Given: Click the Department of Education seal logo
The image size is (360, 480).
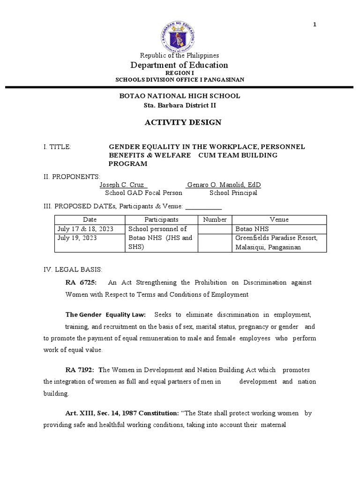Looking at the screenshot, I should point(180,32).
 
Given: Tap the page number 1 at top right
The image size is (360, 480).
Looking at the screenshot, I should point(315,25).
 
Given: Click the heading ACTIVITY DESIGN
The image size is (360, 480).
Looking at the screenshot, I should point(180,123).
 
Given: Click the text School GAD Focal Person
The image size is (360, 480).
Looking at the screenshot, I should point(143,193).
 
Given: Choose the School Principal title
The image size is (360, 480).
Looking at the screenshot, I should point(233,193).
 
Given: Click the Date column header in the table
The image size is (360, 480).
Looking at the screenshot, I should point(90,219).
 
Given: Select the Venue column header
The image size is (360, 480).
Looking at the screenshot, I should point(279,219).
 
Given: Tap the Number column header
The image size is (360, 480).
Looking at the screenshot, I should point(215,219).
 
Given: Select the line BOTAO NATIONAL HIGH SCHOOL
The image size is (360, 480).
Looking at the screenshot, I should point(180,96).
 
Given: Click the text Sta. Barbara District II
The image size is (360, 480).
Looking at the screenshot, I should point(180,105).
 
